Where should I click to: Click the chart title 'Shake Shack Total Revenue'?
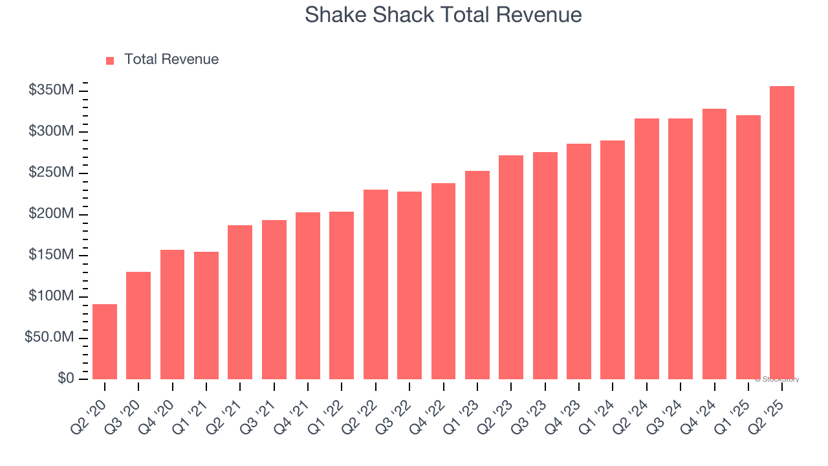coord(443,15)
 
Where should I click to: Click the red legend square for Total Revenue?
coord(110,60)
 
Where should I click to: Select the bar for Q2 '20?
coord(105,342)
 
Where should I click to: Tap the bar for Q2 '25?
coord(782,233)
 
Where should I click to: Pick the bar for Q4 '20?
coord(172,315)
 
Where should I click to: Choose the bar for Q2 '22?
coord(375,285)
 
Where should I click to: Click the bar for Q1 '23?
coord(477,275)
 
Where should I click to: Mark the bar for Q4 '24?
coord(714,244)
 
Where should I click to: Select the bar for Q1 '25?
coord(748,247)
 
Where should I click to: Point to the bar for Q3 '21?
coord(274,300)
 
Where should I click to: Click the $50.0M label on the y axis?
coord(49,338)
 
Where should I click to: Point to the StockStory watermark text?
coord(778,380)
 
